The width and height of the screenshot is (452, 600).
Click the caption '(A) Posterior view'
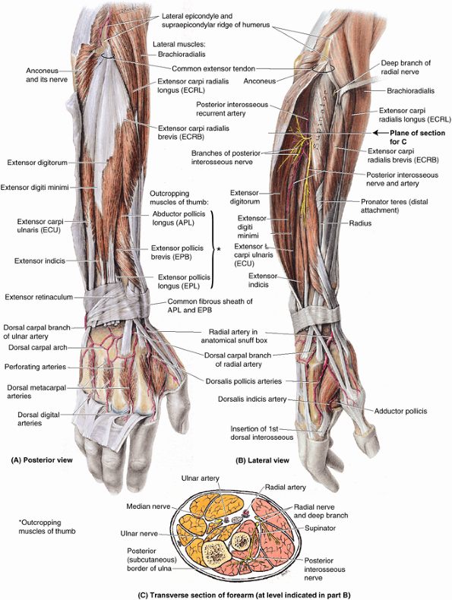coord(42,460)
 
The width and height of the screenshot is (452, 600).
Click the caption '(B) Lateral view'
coord(262,460)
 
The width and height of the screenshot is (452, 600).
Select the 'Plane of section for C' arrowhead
coord(377,133)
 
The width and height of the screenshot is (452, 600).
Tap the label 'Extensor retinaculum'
coord(39,297)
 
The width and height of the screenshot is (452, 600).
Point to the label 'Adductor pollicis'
coord(400,411)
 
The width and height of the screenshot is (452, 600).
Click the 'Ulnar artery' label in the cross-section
coord(200,478)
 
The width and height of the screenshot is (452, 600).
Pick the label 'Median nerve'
coord(148,507)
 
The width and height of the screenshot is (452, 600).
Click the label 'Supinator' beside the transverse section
coord(320,528)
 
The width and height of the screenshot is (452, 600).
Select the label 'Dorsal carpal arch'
coord(38,347)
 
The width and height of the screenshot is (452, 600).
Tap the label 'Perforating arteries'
coord(35,367)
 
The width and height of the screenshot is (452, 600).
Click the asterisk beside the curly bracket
coord(219,249)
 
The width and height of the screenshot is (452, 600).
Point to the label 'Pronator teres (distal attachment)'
coord(394,206)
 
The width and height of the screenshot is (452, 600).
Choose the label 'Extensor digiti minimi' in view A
coord(34,187)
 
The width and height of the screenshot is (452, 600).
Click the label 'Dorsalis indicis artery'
coord(252,399)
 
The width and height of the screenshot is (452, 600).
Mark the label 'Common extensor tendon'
coord(213,69)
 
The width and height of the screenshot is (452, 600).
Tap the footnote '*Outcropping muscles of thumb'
coord(47,526)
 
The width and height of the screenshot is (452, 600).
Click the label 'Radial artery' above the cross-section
coord(286,487)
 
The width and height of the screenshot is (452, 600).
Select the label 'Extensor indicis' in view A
coord(40,261)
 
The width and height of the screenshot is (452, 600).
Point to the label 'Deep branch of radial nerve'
coord(406,68)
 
